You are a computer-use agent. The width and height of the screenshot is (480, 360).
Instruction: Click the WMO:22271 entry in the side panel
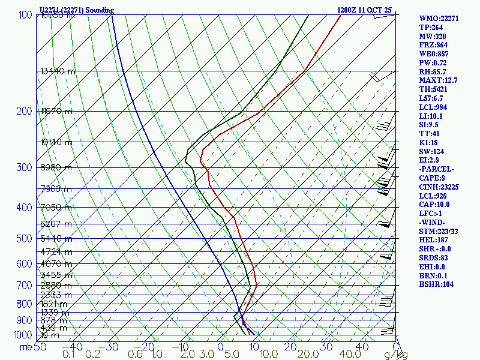pyautogui.click(x=439, y=19)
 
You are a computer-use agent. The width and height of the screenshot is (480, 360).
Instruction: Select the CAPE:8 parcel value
pyautogui.click(x=431, y=178)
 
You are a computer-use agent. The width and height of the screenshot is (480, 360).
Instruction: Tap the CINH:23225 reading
pyautogui.click(x=439, y=187)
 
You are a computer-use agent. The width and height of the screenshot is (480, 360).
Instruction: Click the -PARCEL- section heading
pyautogui.click(x=436, y=169)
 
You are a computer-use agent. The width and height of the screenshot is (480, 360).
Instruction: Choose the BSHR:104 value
pyautogui.click(x=436, y=284)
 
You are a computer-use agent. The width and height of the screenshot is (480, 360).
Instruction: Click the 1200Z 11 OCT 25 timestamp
pyautogui.click(x=364, y=10)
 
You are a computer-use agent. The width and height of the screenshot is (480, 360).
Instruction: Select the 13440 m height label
pyautogui.click(x=58, y=71)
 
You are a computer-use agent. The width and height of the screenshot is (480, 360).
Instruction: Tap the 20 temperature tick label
pyautogui.click(x=290, y=346)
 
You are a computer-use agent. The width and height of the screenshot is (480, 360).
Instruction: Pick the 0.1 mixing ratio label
pyautogui.click(x=68, y=355)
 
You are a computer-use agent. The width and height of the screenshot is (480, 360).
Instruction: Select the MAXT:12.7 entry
pyautogui.click(x=438, y=80)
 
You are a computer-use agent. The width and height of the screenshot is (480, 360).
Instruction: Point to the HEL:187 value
pyautogui.click(x=433, y=240)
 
